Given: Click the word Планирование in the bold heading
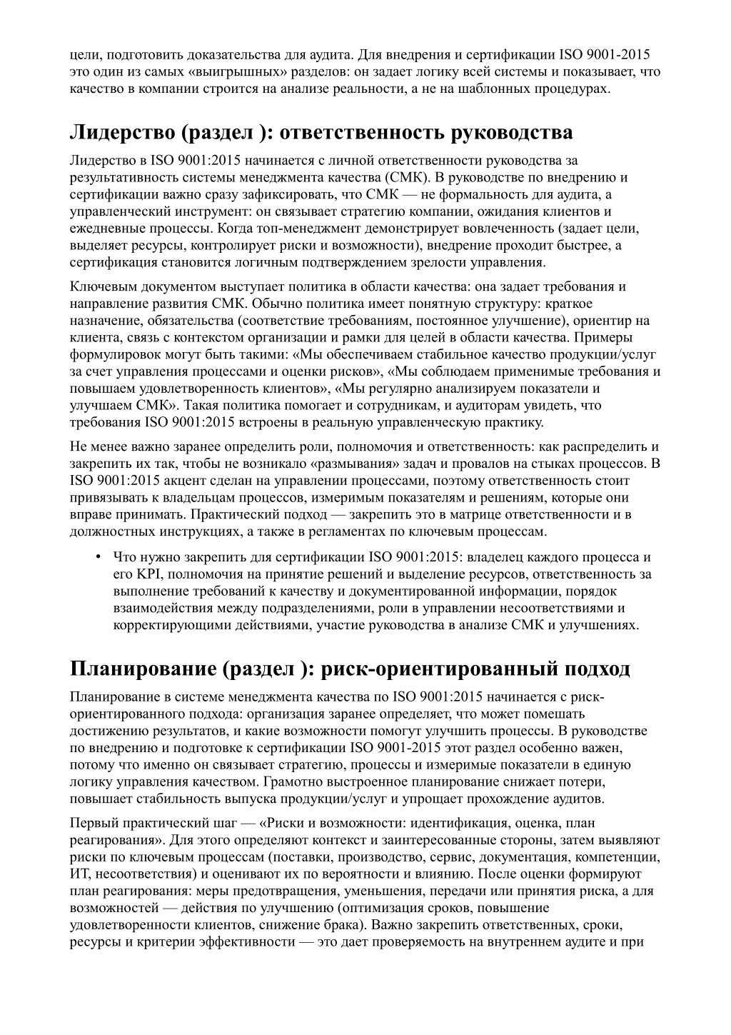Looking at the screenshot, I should coord(143,669).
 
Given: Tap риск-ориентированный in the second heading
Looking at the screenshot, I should coord(438,669).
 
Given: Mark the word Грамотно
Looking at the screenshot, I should coord(291,781).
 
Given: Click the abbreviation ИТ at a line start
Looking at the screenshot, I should coord(79,874).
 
